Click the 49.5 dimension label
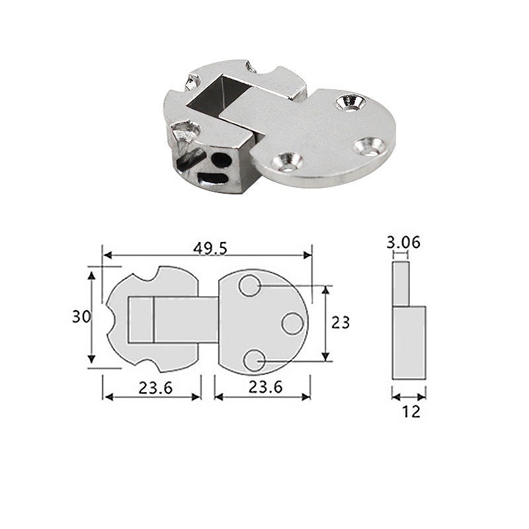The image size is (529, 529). tap(210, 249)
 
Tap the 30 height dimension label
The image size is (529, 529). tap(81, 317)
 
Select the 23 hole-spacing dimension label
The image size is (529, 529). tap(340, 323)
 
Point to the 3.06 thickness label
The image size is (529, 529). tap(403, 243)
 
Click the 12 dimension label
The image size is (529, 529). tap(411, 411)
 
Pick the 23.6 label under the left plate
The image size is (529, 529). tap(155, 387)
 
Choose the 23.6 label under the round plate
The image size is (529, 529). tap(265, 387)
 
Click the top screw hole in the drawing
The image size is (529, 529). tap(250, 286)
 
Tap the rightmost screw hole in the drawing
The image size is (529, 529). tap(292, 324)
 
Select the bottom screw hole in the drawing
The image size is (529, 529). tap(254, 360)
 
